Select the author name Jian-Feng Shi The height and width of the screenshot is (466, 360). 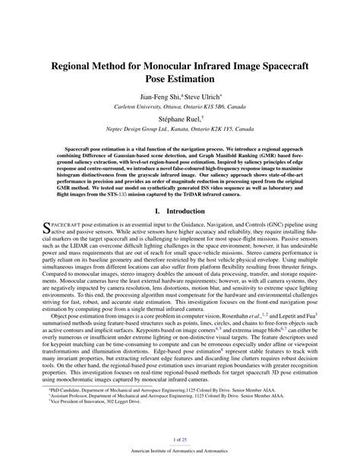[159, 97]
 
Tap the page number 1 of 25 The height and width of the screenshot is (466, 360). [180, 439]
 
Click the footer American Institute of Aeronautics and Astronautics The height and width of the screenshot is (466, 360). [180, 455]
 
